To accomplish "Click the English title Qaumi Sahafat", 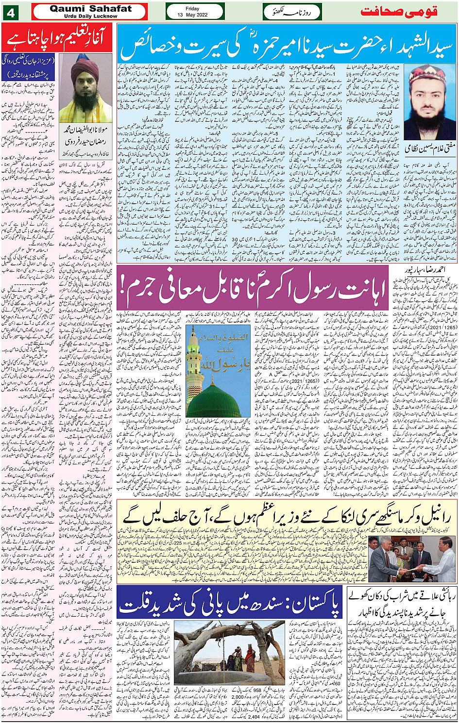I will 90,8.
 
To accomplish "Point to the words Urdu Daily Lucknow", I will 90,16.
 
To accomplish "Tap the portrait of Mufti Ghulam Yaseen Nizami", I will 430,102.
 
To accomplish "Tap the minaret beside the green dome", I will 194,369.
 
